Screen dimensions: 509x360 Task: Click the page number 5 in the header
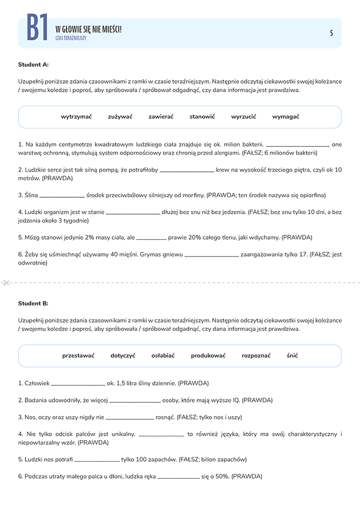point(331,33)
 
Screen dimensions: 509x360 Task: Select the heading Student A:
point(33,65)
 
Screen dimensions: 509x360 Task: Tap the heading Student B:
point(33,303)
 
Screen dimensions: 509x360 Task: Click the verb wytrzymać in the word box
point(76,117)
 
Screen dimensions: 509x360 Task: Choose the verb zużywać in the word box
point(120,117)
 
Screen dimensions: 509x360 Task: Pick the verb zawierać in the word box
point(161,117)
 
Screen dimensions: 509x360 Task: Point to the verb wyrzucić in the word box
point(243,117)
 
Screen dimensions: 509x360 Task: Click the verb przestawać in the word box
point(78,355)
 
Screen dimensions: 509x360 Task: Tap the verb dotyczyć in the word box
point(123,355)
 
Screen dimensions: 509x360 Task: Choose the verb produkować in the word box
point(208,355)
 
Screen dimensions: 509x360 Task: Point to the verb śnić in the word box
point(292,355)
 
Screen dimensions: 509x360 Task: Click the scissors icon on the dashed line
point(6,282)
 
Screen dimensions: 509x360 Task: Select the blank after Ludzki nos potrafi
point(97,460)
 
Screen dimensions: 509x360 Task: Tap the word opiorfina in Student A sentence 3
point(312,195)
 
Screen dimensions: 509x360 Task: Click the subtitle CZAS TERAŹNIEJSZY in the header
point(71,38)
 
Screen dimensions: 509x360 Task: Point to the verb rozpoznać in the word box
point(256,355)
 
